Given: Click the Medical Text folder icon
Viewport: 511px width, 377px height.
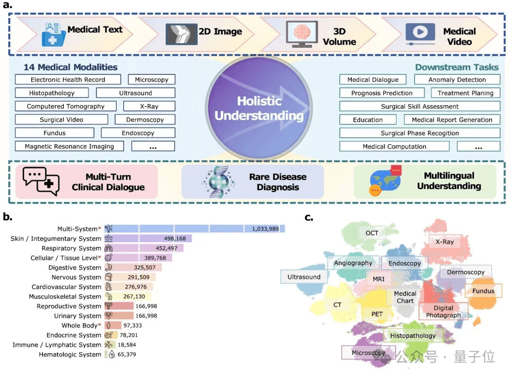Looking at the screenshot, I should (x=53, y=34).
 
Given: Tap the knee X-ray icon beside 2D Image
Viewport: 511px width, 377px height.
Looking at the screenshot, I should (x=181, y=33).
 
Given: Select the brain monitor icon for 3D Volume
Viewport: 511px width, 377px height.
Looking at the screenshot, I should (x=301, y=35).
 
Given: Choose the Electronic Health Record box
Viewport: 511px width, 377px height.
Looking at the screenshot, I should (x=68, y=79).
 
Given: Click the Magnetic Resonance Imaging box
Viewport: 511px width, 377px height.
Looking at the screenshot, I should (x=69, y=146).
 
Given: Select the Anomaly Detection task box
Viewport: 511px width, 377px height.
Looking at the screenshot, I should (x=457, y=79).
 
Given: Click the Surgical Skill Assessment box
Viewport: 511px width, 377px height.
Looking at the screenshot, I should (x=420, y=106).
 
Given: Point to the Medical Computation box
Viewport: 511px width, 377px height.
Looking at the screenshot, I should (x=394, y=147).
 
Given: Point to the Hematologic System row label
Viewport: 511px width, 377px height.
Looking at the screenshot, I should (x=70, y=354).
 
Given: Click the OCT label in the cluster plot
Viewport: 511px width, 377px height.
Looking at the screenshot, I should (x=372, y=233).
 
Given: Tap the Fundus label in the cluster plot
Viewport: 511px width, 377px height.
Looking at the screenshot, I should (x=483, y=291).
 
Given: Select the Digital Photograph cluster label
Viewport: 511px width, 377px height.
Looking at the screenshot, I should (x=443, y=311).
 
